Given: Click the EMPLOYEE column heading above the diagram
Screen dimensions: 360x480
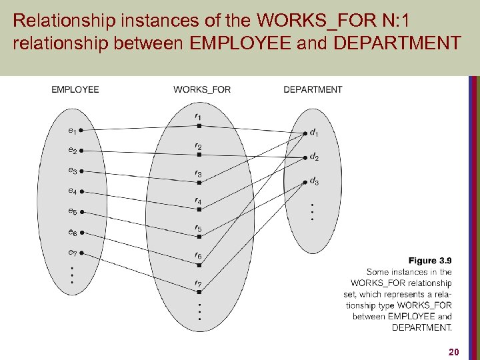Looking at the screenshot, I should [x=75, y=89].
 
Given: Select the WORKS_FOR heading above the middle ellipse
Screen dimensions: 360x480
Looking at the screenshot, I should [x=202, y=89].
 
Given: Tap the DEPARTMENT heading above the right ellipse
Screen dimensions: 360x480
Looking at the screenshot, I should [x=313, y=89].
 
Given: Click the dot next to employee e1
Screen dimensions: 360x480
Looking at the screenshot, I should [x=80, y=130].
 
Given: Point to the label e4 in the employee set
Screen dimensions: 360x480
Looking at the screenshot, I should [x=72, y=191].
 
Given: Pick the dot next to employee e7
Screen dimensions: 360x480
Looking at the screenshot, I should [x=80, y=253].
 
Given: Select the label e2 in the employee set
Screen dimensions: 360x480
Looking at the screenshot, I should [x=72, y=150].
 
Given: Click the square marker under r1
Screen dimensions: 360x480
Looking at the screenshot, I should [x=199, y=125].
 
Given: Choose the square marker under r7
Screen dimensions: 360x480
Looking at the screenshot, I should [x=199, y=293].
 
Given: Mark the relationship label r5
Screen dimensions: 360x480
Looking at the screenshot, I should [x=199, y=229].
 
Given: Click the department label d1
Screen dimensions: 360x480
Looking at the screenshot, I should [x=314, y=133].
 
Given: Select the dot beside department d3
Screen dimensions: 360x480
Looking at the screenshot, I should [x=306, y=180].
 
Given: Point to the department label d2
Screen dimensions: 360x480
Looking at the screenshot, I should [x=314, y=157].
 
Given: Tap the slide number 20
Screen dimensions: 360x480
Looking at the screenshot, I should [x=453, y=351].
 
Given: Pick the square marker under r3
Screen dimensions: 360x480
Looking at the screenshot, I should [x=199, y=182].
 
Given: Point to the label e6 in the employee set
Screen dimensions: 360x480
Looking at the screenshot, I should [x=72, y=232].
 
